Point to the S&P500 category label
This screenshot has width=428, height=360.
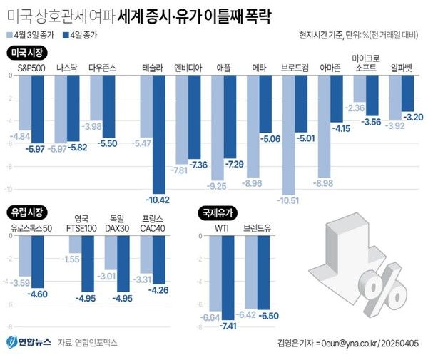[31, 68]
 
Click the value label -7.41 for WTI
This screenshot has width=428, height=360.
[230, 325]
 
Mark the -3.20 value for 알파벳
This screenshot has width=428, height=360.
[413, 116]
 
